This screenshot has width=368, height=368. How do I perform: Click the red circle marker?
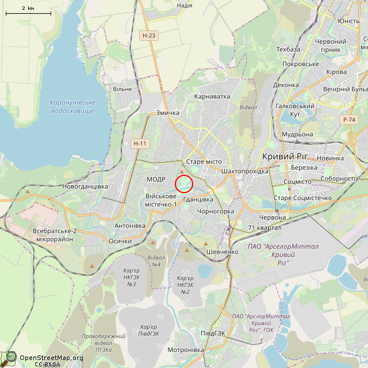point(183,183)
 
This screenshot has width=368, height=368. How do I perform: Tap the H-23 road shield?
point(147,36)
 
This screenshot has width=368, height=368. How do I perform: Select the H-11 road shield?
point(140,143)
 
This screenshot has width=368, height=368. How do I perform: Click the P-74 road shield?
point(348,119)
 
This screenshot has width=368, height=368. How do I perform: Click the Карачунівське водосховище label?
point(72,106)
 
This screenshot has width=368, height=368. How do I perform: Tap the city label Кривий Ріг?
point(285,156)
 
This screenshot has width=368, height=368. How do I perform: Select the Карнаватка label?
point(212,96)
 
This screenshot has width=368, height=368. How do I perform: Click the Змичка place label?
point(168,113)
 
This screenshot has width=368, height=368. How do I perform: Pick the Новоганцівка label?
point(85,186)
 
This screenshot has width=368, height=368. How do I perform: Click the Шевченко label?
point(222,252)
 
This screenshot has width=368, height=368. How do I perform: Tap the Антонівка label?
point(130,225)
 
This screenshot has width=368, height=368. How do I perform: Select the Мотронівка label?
point(185,350)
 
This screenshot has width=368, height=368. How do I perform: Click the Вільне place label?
point(122,89)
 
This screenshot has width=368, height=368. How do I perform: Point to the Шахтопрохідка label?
point(245,171)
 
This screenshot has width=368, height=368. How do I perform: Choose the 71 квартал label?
point(264,228)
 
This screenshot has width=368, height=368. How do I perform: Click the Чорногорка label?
point(216,211)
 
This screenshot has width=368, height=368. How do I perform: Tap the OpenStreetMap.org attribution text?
point(51,357)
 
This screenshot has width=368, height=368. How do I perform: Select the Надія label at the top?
point(185,5)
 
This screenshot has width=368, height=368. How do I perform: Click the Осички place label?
point(120,241)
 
